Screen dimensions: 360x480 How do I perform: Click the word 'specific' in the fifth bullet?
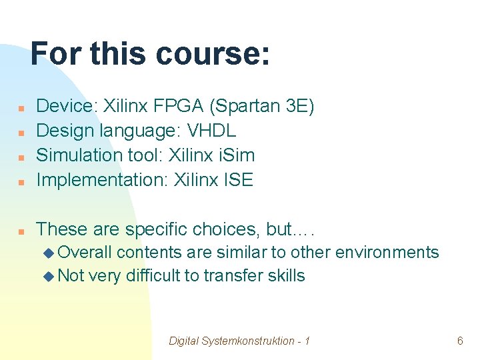coord(157,229)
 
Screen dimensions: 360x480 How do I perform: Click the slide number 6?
coord(460,341)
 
